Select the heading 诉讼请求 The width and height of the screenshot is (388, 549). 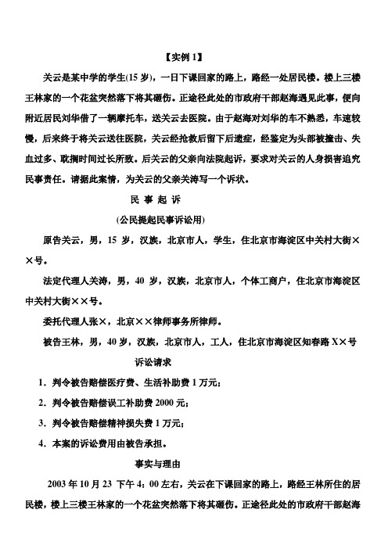point(153,362)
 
